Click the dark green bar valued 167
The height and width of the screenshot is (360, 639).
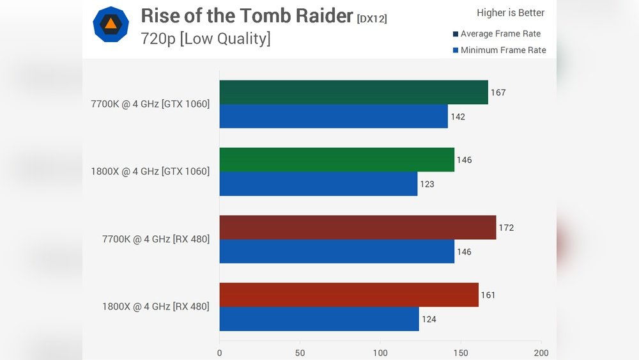point(353,92)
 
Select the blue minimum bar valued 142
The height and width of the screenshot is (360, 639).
point(334,116)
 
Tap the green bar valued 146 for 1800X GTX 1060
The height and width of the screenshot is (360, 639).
point(337,160)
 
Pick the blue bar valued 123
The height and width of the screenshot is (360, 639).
point(318,184)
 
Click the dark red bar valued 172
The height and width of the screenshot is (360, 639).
point(357,228)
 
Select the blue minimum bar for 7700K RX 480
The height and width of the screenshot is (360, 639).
point(337,251)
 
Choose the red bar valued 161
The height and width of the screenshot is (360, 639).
point(349,295)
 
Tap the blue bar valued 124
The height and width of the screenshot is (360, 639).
point(319,319)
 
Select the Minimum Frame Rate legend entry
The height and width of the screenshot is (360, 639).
point(499,50)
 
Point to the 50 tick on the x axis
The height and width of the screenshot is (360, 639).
point(300,353)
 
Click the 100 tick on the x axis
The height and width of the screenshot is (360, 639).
point(380,353)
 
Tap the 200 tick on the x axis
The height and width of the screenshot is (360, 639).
point(541,353)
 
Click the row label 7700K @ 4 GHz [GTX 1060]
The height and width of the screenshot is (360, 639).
point(150,104)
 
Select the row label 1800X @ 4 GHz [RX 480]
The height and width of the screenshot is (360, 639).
point(155,306)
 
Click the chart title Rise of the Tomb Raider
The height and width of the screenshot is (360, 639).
point(247,15)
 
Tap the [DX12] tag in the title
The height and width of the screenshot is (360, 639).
point(372,19)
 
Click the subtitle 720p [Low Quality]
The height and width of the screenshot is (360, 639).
point(205,39)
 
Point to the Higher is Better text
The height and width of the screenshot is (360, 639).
point(511,13)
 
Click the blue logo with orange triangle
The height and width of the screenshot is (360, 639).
point(111,24)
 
